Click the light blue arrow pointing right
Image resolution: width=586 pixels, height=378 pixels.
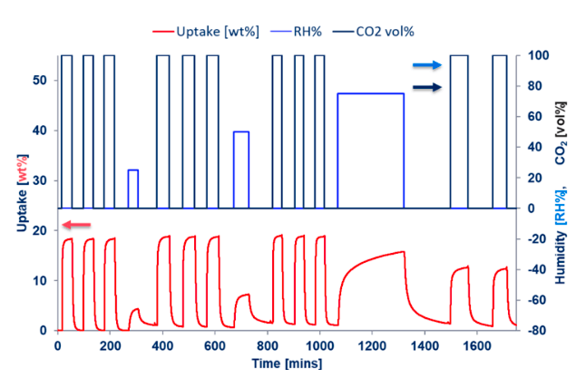(427, 65)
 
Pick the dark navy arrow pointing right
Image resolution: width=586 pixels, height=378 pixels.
(427, 87)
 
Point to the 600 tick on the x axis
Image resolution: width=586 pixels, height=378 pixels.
(214, 346)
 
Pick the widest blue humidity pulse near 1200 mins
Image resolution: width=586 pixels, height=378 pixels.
(370, 93)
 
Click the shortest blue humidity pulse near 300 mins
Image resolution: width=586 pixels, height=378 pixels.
(132, 170)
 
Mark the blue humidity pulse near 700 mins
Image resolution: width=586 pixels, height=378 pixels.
(240, 132)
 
